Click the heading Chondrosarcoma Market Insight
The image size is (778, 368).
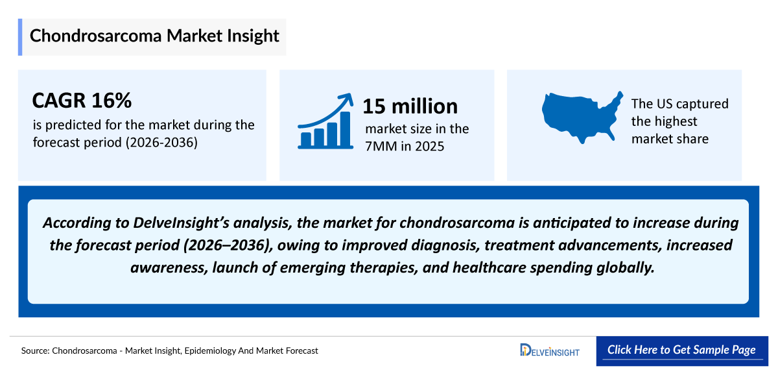click(154, 36)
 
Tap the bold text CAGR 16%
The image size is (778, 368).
click(82, 101)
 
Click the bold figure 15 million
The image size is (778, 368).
click(410, 106)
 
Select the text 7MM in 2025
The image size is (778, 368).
click(405, 147)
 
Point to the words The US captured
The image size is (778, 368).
click(679, 104)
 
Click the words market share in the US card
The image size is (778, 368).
click(670, 138)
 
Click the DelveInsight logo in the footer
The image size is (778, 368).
click(550, 350)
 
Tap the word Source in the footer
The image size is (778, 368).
click(35, 350)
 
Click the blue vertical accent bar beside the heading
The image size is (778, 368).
click(20, 37)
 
